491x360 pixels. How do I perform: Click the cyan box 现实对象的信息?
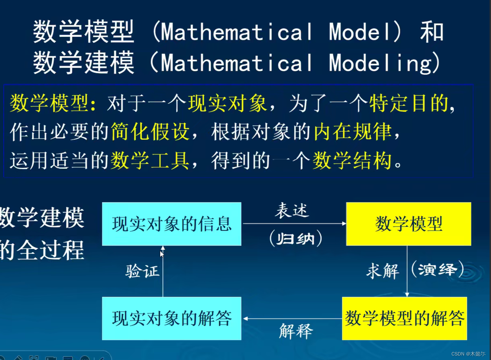(172, 224)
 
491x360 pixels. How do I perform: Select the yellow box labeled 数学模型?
(408, 224)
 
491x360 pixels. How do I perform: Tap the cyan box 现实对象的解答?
(172, 318)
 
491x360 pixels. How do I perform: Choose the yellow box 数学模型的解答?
(404, 318)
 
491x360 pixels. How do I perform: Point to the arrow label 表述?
(292, 211)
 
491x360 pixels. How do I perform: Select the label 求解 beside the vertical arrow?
(383, 271)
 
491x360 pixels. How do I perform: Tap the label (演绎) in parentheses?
(437, 269)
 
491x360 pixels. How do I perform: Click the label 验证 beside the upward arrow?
(142, 272)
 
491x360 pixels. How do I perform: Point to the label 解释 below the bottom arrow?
(296, 331)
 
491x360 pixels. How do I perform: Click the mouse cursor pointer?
(162, 254)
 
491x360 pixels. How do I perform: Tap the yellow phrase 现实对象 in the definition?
(227, 103)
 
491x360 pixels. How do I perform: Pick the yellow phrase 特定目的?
(409, 103)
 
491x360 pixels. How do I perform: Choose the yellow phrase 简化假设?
(150, 132)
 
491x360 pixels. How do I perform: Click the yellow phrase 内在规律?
(353, 132)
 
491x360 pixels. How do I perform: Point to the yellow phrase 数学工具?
(150, 161)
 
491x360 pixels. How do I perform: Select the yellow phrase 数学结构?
(352, 161)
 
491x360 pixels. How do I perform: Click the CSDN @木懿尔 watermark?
(468, 354)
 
